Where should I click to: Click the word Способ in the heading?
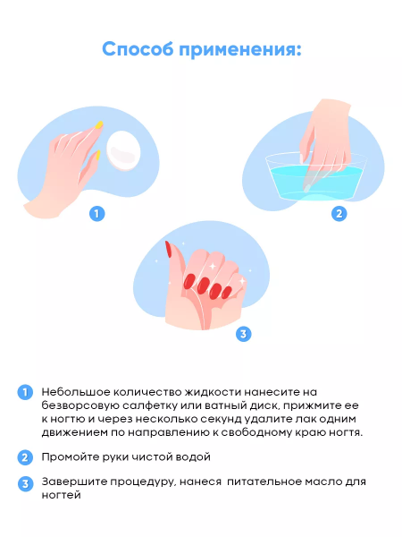click(138, 49)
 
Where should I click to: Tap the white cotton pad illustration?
click(123, 150)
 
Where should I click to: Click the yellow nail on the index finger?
click(99, 124)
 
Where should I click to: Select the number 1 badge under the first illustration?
click(97, 214)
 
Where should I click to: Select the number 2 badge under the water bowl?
click(339, 214)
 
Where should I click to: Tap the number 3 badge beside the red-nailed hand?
click(243, 334)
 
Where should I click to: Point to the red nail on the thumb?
click(169, 250)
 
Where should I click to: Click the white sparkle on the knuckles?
click(213, 266)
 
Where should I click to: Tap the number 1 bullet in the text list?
click(25, 392)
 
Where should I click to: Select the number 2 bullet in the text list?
click(25, 457)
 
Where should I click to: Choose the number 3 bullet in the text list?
click(25, 484)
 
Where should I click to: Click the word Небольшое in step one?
click(76, 392)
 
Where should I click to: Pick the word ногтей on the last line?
click(61, 495)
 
